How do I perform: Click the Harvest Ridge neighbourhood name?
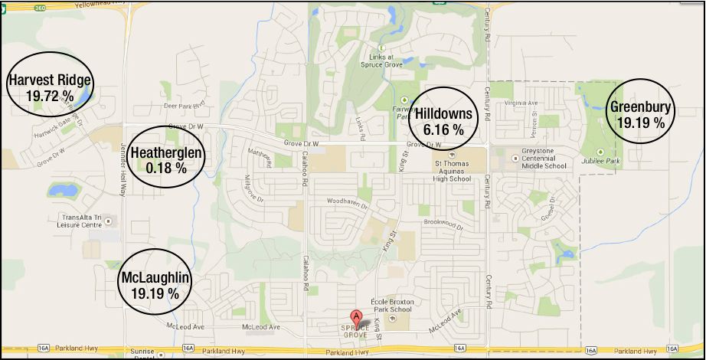point(50,80)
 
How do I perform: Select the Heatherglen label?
point(166,153)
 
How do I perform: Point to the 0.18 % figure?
point(166,168)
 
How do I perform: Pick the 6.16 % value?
point(443,130)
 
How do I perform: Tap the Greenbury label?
point(641,106)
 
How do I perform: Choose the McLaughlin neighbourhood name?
point(155,277)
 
